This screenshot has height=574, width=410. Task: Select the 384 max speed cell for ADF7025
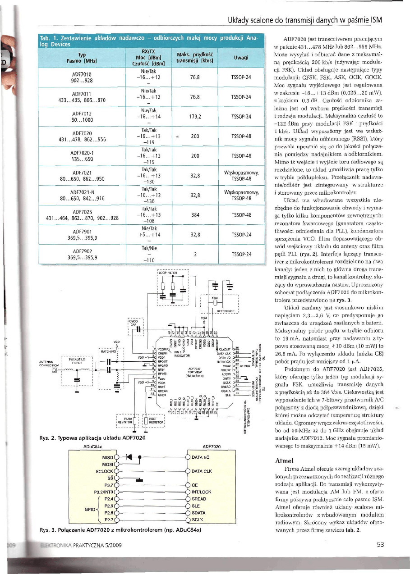coord(195,215)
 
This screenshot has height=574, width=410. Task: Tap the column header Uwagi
coord(241,58)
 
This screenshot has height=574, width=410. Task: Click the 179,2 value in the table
coord(195,116)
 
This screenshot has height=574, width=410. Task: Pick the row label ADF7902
coord(82,251)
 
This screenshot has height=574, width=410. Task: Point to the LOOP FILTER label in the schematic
coord(168,273)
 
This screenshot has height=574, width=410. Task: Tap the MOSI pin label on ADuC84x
coord(107,463)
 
